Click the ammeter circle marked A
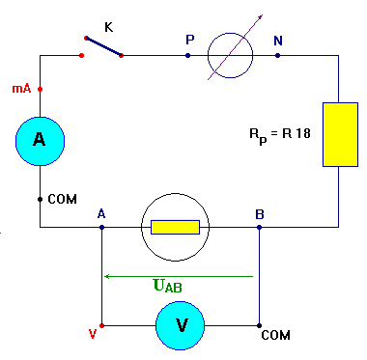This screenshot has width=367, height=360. coord(40,140)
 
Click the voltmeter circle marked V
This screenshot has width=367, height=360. coord(181,325)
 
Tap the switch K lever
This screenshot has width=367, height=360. coord(102,47)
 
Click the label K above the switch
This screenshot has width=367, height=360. coord(108,27)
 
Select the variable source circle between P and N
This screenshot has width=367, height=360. coord(232,55)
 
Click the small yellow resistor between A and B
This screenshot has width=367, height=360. coord(176,228)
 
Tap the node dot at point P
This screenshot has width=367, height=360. coord(187,55)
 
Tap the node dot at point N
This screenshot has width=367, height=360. coord(278,55)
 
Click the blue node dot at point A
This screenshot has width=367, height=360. coord(101,228)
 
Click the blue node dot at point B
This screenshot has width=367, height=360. coord(259,228)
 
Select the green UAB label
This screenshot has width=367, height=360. coord(167,286)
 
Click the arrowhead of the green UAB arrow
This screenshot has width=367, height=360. coord(108,276)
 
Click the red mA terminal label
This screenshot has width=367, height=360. coord(20,88)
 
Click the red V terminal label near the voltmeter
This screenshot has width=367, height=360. coord(92,335)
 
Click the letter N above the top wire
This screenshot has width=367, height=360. coord(278,40)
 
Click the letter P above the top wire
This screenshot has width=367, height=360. coord(189,40)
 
